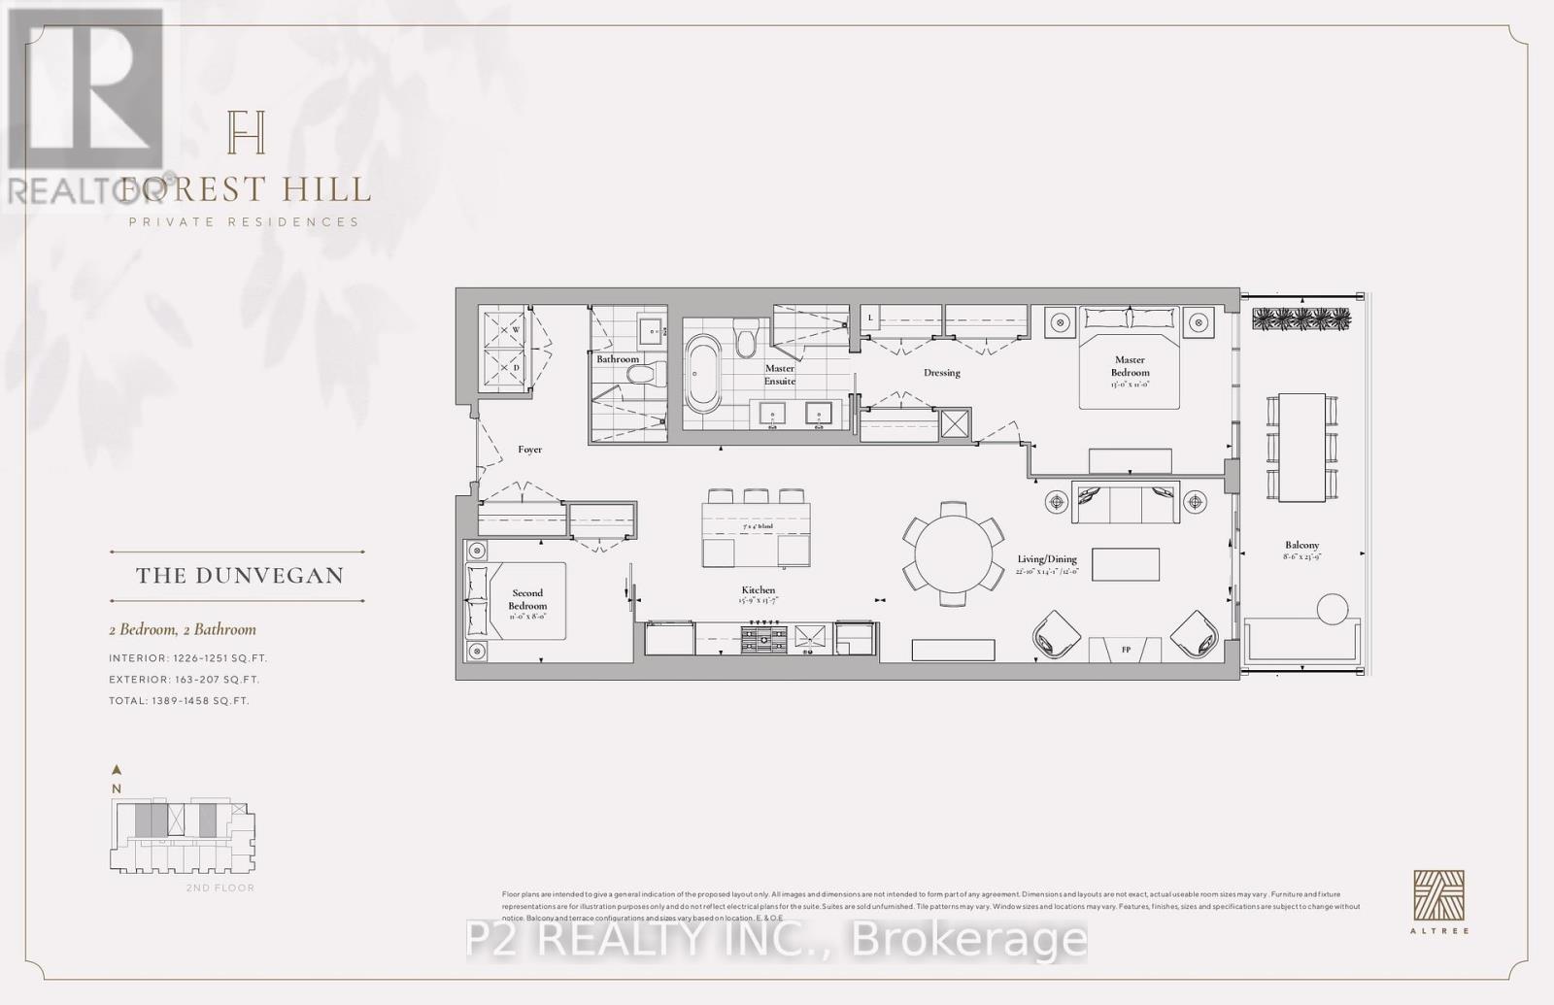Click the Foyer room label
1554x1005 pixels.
529,450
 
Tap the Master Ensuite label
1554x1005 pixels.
779,375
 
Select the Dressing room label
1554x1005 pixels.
941,373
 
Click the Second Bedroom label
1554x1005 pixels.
527,599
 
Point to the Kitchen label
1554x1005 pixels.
759,590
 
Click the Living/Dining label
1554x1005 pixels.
1047,559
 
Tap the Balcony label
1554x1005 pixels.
1301,546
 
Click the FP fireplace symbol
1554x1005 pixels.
1125,650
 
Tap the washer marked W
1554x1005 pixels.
506,329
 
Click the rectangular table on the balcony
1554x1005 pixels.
1301,447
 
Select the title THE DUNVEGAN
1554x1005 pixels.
239,576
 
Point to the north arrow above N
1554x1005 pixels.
117,769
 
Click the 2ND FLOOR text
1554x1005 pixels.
220,888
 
